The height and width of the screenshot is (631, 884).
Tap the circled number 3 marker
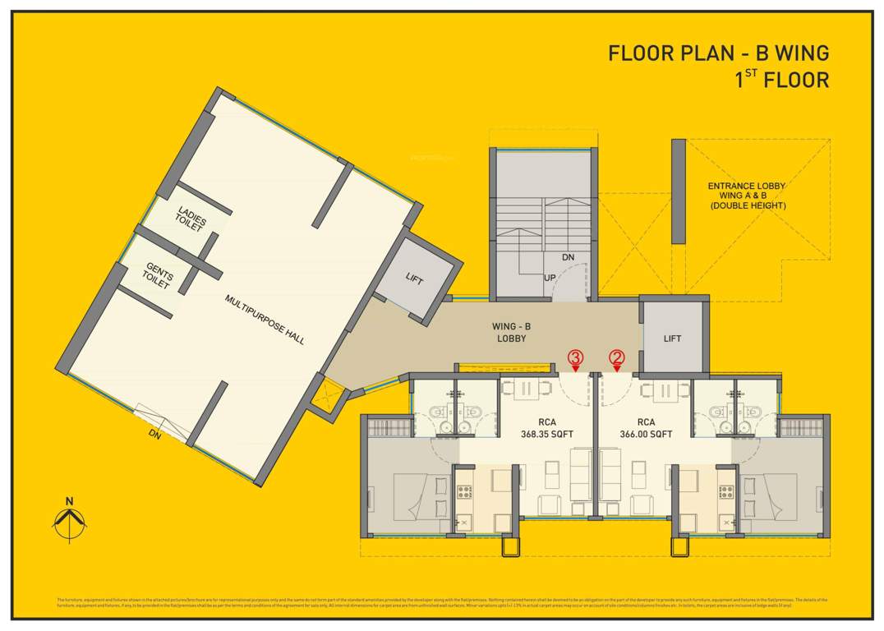pos(576,357)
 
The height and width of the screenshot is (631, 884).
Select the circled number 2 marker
pos(616,357)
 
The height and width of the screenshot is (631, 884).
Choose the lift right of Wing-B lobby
pos(672,338)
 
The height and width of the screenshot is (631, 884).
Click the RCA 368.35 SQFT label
pos(546,428)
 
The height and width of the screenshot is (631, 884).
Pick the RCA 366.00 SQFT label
pos(646,428)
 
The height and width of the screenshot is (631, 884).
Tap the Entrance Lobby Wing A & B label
pos(747,196)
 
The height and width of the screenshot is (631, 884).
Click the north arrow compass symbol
pos(70,518)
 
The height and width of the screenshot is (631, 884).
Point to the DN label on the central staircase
pos(568,257)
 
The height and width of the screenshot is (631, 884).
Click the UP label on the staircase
pos(550,277)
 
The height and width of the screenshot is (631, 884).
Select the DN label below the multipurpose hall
pos(154,435)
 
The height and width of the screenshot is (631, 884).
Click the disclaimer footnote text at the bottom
pos(442,603)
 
